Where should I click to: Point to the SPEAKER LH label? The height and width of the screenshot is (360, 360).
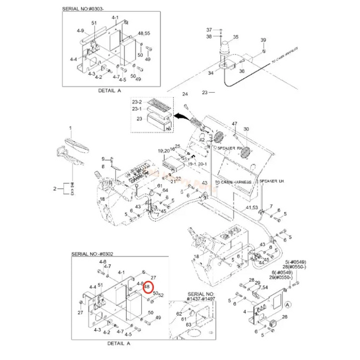click(272, 182)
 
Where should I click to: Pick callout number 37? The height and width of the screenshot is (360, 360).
click(209, 29)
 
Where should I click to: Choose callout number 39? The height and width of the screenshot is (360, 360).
click(263, 40)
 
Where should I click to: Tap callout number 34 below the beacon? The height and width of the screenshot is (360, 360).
click(211, 73)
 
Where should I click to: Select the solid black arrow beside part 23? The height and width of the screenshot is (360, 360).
click(181, 116)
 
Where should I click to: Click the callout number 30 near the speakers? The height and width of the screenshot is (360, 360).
click(245, 130)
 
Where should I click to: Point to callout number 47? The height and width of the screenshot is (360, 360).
click(235, 124)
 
